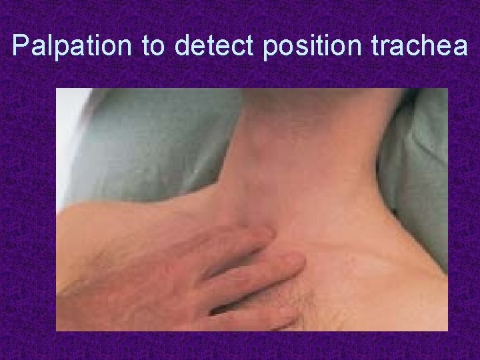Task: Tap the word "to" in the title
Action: (156, 46)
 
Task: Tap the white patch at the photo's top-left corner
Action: (67, 133)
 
